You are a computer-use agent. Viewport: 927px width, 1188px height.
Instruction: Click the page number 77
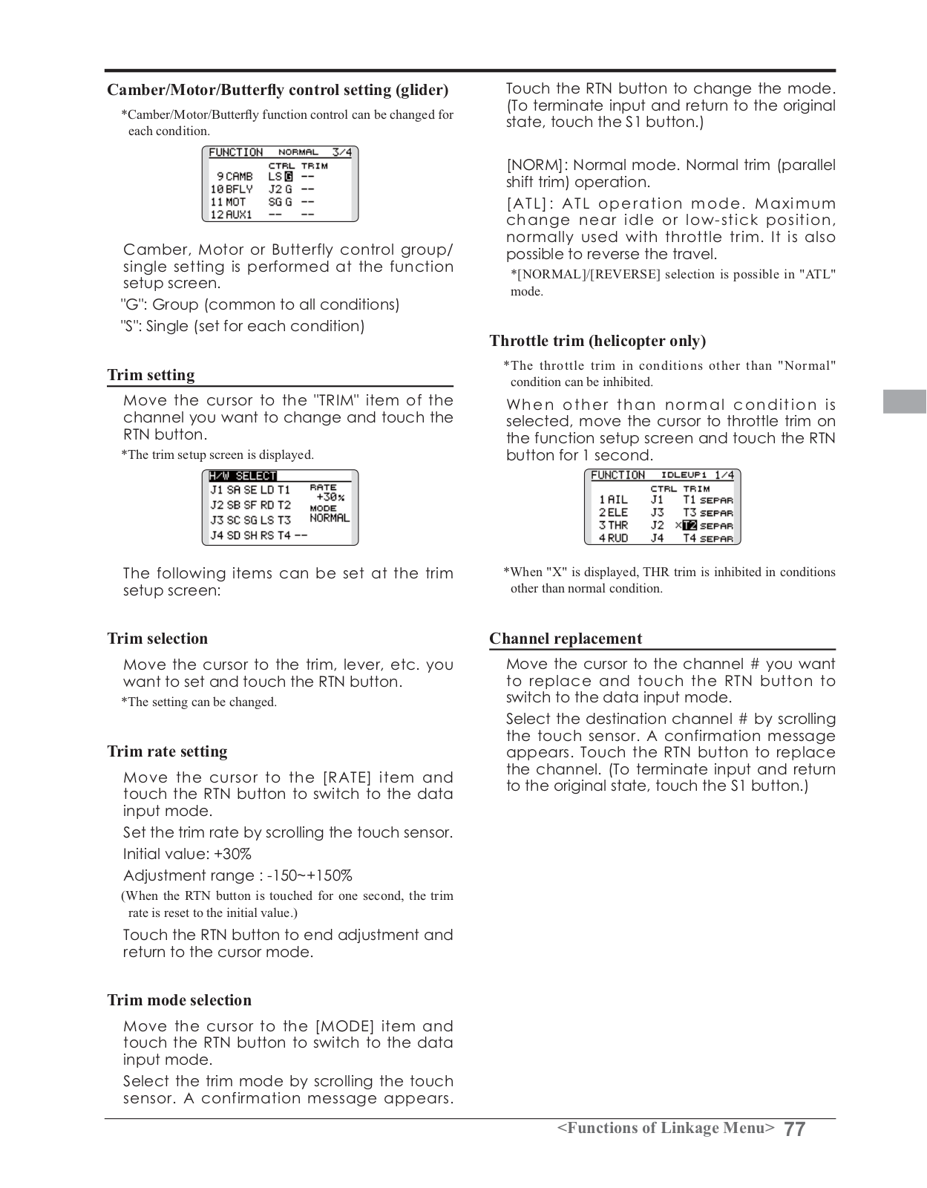(x=794, y=1129)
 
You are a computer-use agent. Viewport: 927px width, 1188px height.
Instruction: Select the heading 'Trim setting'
(x=151, y=375)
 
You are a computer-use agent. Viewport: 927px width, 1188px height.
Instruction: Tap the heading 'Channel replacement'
(x=565, y=639)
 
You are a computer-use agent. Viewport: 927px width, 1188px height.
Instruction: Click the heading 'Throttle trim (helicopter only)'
(x=597, y=341)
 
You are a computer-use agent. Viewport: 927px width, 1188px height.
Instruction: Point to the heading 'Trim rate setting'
(x=167, y=751)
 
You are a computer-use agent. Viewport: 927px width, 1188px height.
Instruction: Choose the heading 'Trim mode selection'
(x=179, y=1000)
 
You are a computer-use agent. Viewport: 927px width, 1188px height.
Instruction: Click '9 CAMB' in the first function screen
(x=235, y=177)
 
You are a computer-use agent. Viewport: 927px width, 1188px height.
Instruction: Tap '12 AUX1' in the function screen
(x=231, y=215)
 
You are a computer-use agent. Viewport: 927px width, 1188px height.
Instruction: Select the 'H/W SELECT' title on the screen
(x=243, y=476)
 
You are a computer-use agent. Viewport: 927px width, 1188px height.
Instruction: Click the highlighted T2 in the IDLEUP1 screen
(x=689, y=526)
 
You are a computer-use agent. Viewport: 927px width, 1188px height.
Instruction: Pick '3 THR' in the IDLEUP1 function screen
(x=613, y=526)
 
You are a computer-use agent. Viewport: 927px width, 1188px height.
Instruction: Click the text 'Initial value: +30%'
(x=187, y=854)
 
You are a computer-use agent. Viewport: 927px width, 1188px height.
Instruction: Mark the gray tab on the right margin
(x=905, y=401)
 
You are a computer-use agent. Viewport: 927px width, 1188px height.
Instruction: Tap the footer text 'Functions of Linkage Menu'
(x=666, y=1129)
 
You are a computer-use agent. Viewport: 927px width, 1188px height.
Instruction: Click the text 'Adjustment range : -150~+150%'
(x=238, y=875)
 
